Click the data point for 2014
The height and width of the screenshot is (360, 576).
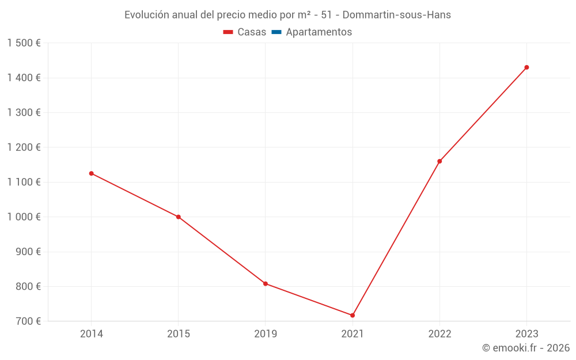pos(91,173)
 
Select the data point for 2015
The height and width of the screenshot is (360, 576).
pos(179,217)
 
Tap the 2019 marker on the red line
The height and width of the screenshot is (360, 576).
pos(266,283)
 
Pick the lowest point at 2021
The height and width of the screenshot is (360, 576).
pos(353,315)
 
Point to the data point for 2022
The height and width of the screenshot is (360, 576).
pos(439,161)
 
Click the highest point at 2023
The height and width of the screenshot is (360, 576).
pos(526,67)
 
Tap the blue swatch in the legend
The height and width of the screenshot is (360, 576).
pos(276,32)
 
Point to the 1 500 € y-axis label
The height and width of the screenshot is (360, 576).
pos(24,43)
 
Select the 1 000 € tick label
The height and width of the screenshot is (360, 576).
pos(24,217)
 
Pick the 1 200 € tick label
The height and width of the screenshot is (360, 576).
pos(24,147)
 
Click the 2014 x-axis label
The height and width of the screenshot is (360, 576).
pos(91,334)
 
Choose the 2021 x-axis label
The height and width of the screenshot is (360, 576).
pos(353,334)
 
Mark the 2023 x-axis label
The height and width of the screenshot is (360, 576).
pos(526,334)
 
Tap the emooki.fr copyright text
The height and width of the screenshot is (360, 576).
pos(525,348)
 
